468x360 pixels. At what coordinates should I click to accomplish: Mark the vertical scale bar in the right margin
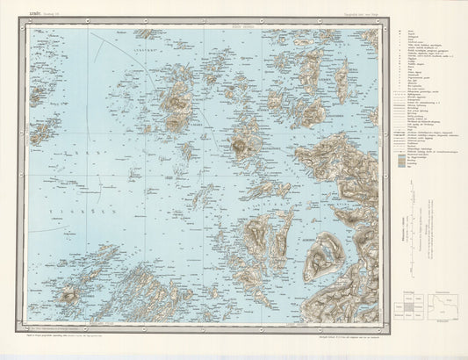(412, 220)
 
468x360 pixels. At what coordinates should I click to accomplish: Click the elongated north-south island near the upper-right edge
(341, 81)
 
